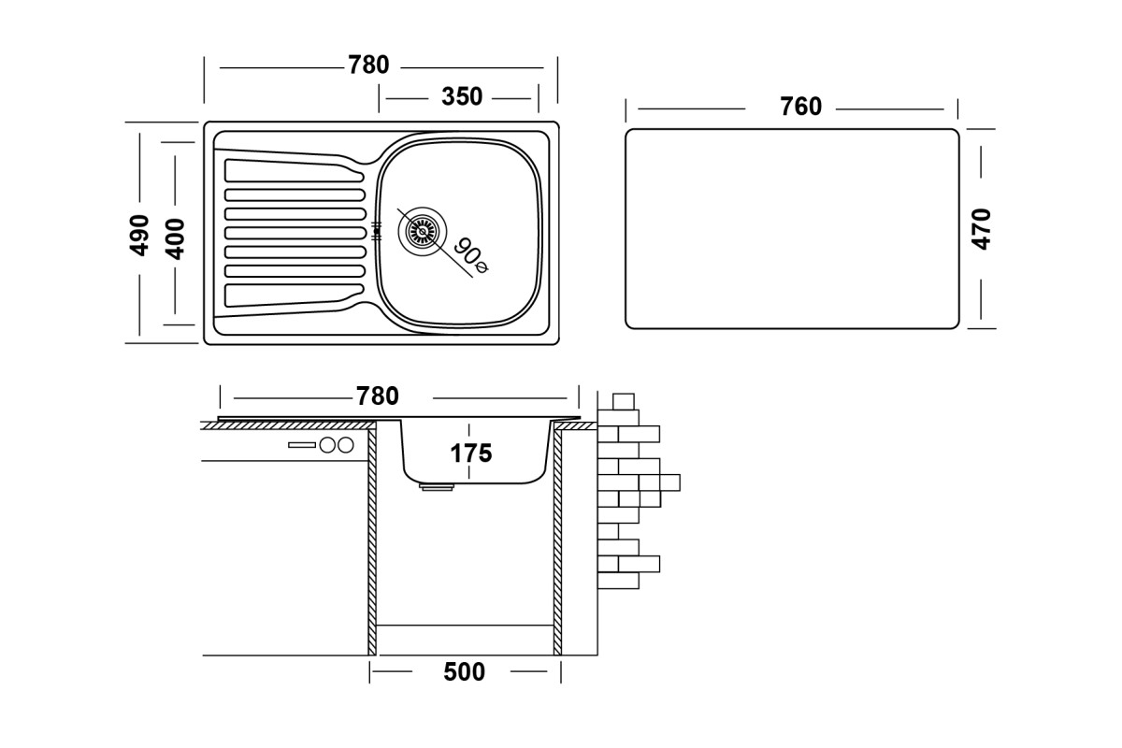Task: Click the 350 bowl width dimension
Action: (462, 96)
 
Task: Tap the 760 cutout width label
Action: (801, 107)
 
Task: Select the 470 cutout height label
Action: (981, 229)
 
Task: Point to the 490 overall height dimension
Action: (139, 235)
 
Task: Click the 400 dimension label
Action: (175, 238)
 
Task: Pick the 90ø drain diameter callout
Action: (471, 256)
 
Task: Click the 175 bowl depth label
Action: (471, 453)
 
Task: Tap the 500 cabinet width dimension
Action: (464, 672)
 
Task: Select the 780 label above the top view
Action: (368, 65)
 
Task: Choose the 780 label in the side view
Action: (377, 396)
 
